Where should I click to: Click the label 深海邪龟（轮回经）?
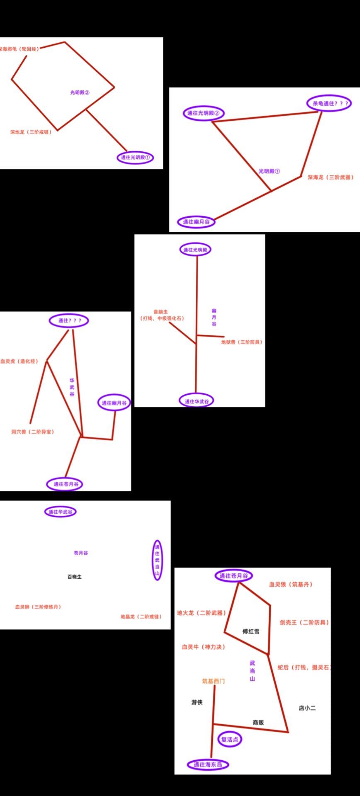tap(19, 49)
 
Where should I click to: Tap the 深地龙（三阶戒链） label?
tap(31, 132)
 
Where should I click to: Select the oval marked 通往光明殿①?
tap(135, 158)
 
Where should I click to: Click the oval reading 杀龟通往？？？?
tap(329, 104)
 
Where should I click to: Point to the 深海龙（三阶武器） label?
tap(331, 177)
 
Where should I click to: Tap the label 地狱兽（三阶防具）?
tap(242, 342)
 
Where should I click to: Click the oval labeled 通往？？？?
tap(69, 320)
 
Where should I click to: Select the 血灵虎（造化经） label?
tap(19, 362)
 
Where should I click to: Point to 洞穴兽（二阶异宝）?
tap(33, 432)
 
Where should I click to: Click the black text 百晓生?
tap(75, 577)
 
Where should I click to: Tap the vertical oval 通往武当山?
tap(157, 560)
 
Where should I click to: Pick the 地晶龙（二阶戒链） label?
tap(141, 617)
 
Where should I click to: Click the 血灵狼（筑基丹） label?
tap(291, 585)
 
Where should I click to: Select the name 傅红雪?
tap(251, 631)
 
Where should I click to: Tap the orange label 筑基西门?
tap(214, 681)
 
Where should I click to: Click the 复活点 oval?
tap(230, 739)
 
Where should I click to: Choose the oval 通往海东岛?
tap(208, 764)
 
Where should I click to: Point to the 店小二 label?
tap(307, 708)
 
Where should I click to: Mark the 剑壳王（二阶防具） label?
tap(304, 623)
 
